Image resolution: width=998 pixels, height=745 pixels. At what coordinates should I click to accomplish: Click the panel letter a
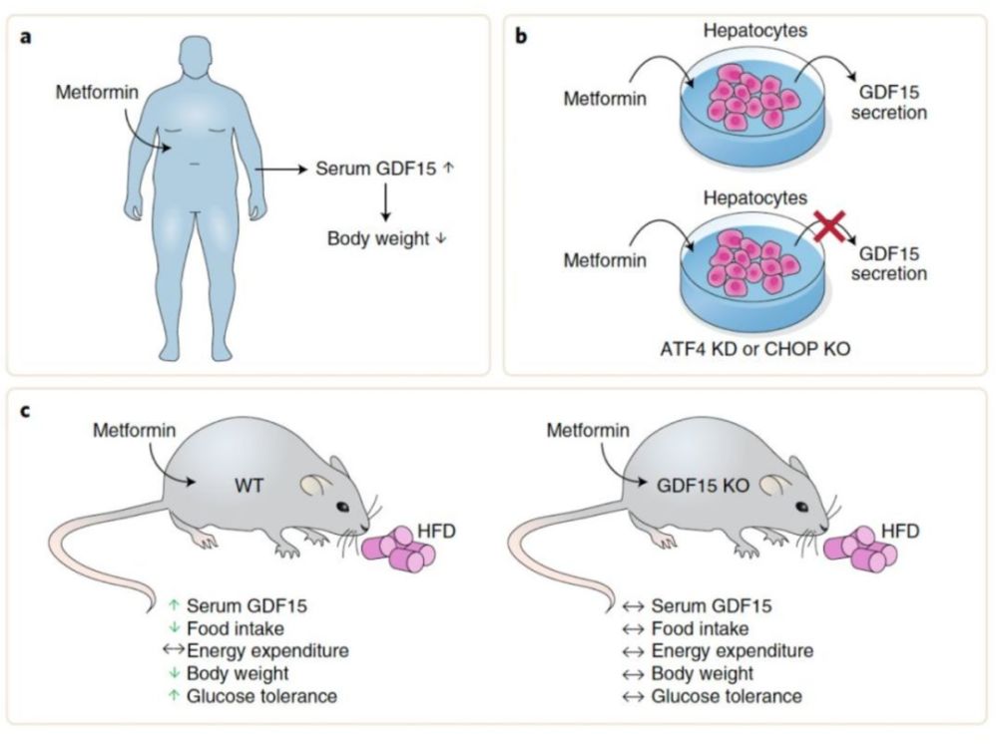[26, 36]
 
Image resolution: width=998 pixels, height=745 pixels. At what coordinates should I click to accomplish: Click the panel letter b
[521, 36]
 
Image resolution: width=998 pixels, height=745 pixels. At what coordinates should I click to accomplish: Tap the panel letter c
[26, 411]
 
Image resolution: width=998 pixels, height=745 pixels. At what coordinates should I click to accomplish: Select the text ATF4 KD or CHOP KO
[754, 349]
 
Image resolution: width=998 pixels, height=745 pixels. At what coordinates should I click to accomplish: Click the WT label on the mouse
[249, 486]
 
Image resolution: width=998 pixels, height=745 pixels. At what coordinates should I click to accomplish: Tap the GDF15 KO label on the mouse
[703, 486]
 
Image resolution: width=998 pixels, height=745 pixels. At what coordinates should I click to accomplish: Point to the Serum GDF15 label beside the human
[376, 169]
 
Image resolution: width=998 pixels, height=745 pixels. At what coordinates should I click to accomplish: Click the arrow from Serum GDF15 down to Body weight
[385, 202]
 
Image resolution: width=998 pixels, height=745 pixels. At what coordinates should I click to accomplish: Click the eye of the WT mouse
[342, 507]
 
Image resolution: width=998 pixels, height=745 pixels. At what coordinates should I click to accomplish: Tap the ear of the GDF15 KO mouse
[772, 484]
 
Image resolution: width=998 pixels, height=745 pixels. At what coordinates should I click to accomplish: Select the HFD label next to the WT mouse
[437, 531]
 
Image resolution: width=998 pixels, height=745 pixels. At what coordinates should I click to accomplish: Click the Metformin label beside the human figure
[97, 92]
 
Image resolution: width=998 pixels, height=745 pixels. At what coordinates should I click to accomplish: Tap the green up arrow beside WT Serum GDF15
[174, 605]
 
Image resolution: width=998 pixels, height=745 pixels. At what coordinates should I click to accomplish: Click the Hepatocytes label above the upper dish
[754, 30]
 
